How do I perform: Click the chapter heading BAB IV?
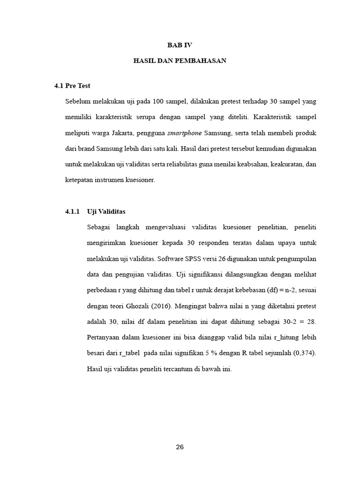(x=180, y=45)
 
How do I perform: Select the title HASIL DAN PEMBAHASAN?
(x=180, y=61)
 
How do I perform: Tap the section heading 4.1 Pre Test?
(x=72, y=86)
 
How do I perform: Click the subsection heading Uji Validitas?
(x=106, y=211)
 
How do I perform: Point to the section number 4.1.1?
(x=73, y=211)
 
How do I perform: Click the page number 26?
(x=180, y=447)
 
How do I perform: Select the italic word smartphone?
(x=184, y=133)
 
